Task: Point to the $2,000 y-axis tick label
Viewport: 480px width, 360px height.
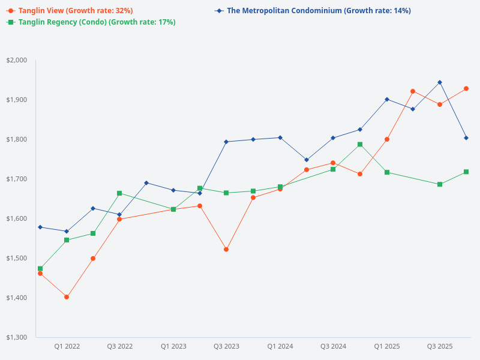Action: point(17,60)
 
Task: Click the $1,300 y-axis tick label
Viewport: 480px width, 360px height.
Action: point(17,337)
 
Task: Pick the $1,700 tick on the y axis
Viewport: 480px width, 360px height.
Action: point(17,179)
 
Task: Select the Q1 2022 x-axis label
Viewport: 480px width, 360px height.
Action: point(67,346)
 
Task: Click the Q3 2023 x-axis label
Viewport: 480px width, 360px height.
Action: point(226,346)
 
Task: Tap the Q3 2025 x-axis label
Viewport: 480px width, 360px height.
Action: point(440,346)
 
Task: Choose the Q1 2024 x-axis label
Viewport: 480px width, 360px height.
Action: point(280,346)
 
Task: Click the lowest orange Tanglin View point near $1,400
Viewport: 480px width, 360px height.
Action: point(67,297)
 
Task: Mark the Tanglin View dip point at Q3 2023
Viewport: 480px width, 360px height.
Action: point(226,249)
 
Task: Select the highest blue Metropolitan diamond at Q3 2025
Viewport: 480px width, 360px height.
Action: point(440,82)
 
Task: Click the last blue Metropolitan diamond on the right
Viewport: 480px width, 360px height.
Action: point(466,138)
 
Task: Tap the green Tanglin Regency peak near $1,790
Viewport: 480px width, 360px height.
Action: point(360,144)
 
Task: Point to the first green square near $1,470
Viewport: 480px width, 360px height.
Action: point(40,268)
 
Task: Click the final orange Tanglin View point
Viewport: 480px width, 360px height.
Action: point(466,89)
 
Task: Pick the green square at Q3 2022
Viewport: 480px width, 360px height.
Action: point(119,193)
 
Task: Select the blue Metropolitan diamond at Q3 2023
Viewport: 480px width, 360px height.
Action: point(226,142)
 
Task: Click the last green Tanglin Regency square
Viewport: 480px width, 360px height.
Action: point(466,172)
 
